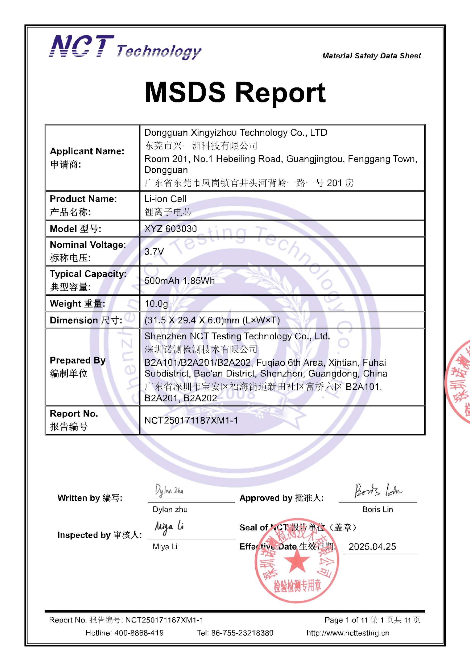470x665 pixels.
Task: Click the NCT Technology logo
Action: click(125, 47)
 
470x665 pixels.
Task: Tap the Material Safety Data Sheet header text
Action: click(372, 56)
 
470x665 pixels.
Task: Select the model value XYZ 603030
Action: click(170, 229)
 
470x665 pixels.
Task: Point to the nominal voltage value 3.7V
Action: click(154, 251)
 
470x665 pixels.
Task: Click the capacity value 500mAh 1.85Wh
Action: click(180, 280)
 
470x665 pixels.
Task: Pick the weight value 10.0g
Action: click(156, 304)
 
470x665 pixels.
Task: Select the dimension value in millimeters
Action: click(212, 320)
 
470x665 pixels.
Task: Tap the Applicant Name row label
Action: click(87, 157)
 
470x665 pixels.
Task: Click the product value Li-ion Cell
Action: click(165, 199)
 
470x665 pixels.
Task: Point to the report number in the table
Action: click(191, 420)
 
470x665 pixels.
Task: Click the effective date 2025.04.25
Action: click(372, 547)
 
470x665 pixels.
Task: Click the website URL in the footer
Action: click(348, 633)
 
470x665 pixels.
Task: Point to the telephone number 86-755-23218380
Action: click(242, 633)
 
